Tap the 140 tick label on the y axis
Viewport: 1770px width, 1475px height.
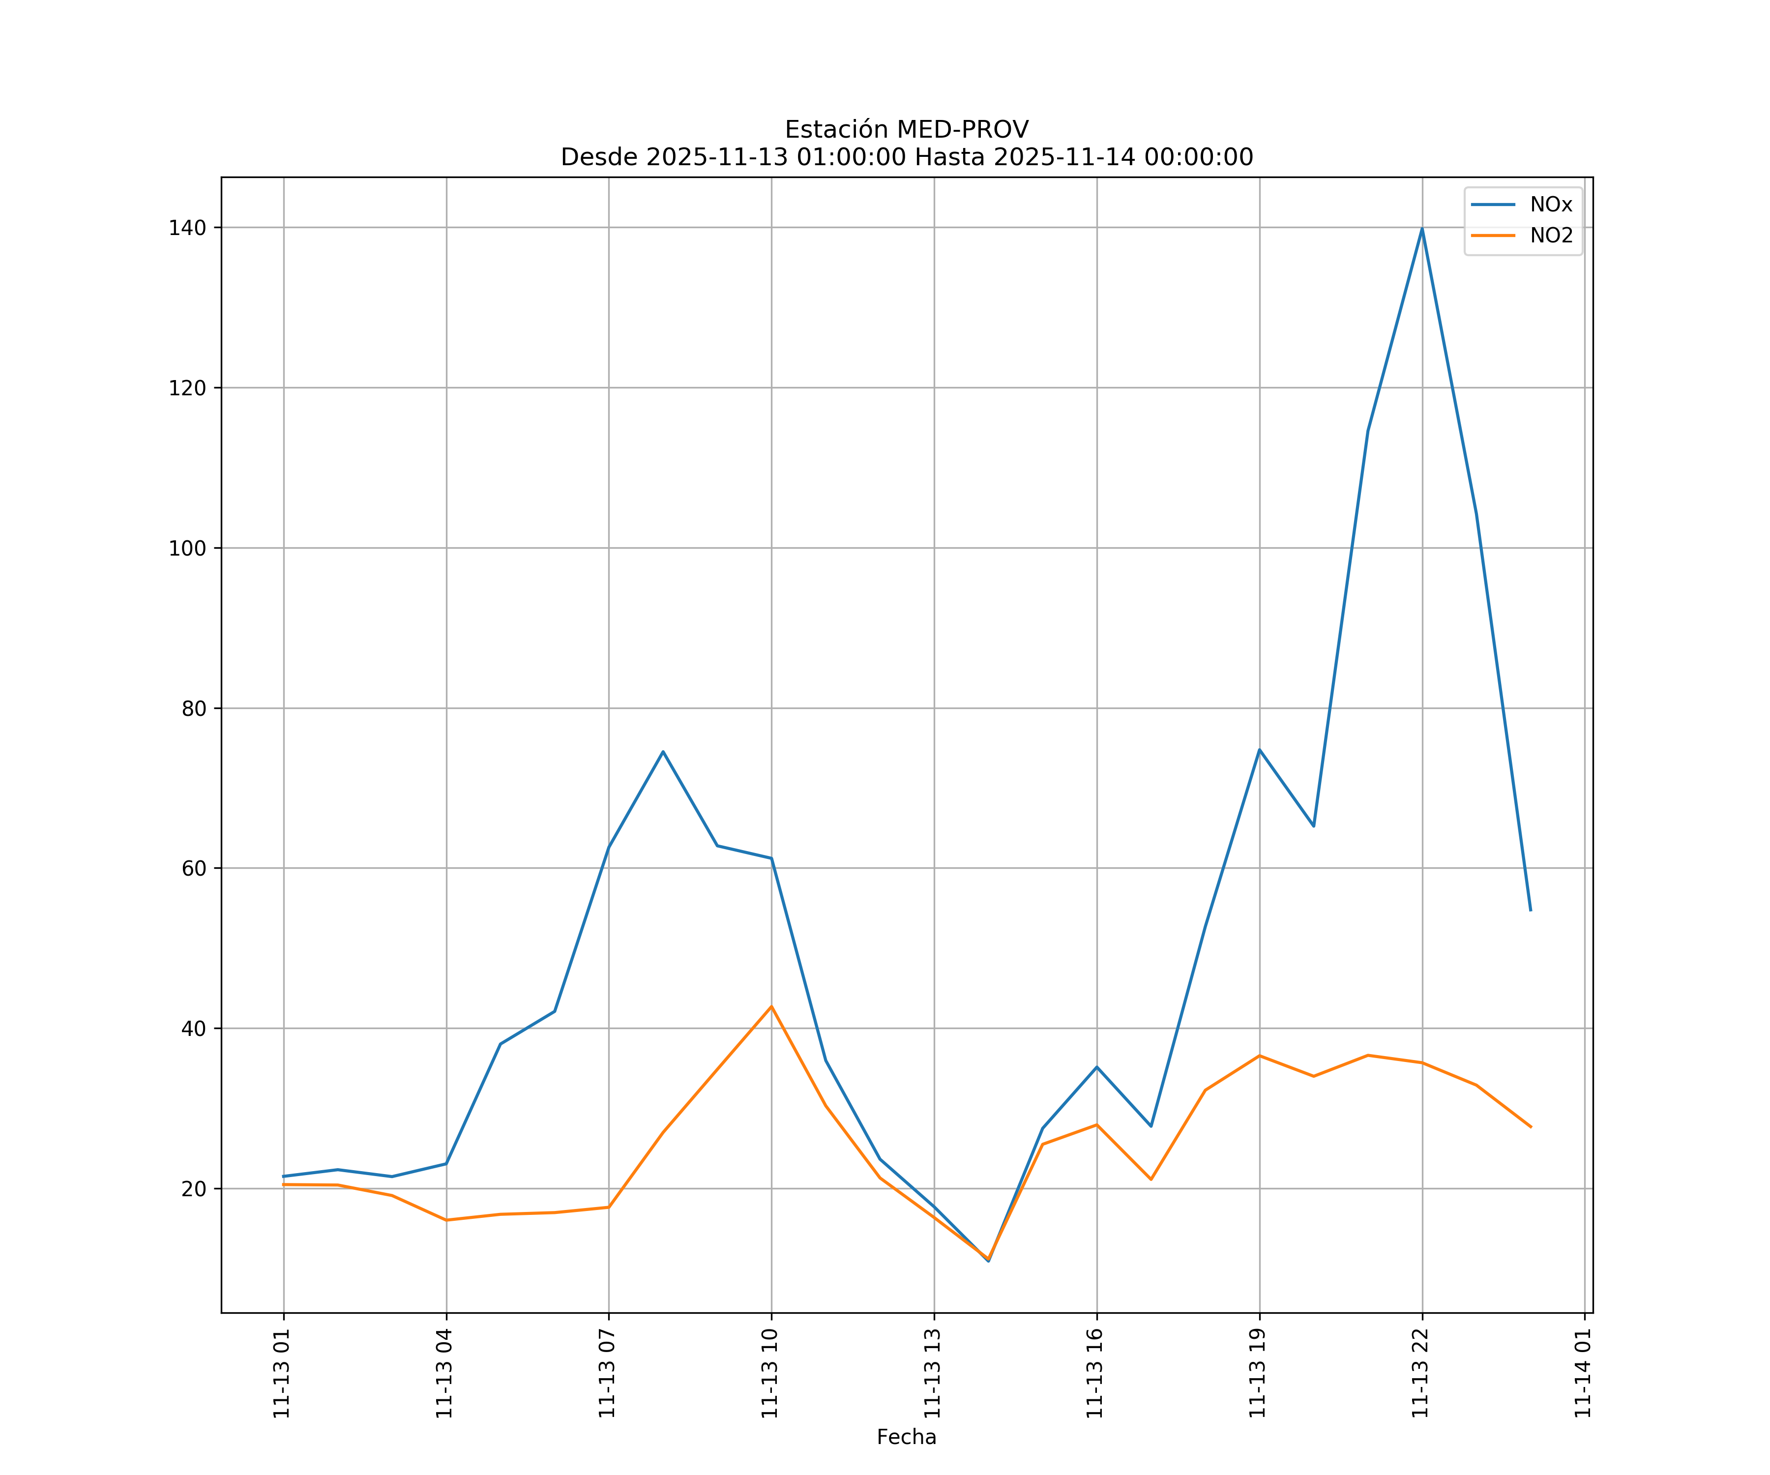click(x=187, y=228)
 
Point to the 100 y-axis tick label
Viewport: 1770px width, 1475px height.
click(x=187, y=548)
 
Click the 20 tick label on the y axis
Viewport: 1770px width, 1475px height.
click(x=193, y=1188)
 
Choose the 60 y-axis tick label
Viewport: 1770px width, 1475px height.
click(x=193, y=868)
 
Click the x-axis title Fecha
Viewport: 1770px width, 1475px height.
click(x=906, y=1437)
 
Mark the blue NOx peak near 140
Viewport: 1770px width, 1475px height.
click(x=1422, y=229)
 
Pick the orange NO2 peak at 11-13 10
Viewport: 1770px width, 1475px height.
click(x=771, y=1006)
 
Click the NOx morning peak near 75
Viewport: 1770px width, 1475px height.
click(x=663, y=751)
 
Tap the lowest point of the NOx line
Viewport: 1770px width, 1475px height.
click(x=989, y=1261)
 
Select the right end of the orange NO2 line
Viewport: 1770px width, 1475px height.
click(x=1531, y=1127)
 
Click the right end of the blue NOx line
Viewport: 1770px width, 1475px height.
click(x=1531, y=910)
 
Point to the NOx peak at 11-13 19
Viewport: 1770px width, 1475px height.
click(x=1259, y=749)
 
